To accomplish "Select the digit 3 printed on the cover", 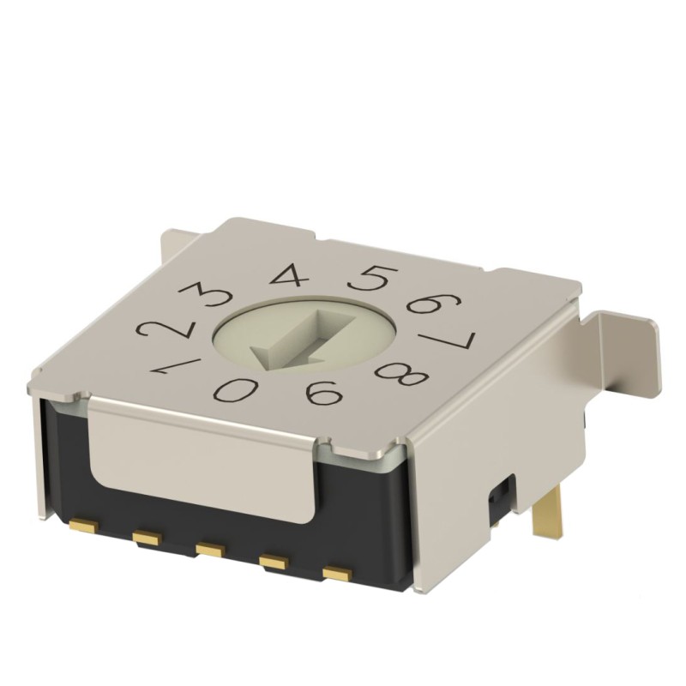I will pyautogui.click(x=203, y=298).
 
